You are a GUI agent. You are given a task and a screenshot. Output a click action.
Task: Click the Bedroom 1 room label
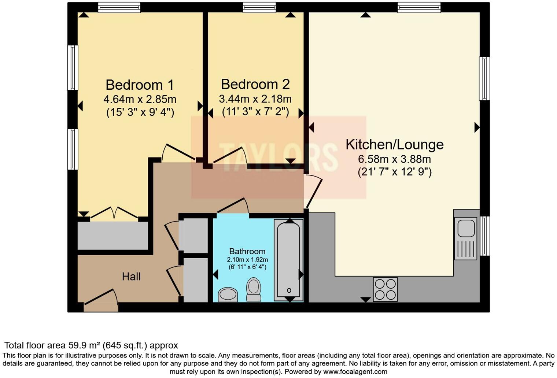(x=140, y=85)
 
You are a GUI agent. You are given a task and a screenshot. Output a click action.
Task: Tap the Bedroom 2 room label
(x=255, y=84)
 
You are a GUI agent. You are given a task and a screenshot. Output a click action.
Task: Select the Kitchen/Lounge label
(x=394, y=144)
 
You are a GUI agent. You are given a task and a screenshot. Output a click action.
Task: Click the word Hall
(x=131, y=277)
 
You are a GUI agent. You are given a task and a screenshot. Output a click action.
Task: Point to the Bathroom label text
(x=247, y=251)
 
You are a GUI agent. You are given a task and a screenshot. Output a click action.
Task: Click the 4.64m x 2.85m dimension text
(x=140, y=99)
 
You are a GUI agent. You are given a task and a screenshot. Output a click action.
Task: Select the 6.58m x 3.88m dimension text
(x=394, y=159)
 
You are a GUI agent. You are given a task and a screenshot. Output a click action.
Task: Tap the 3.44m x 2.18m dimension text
(x=255, y=99)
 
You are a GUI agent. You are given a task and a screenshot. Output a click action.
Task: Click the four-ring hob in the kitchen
(x=385, y=289)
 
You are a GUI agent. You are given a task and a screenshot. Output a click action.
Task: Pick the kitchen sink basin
(x=465, y=227)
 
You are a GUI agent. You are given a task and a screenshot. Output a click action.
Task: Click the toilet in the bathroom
(x=253, y=289)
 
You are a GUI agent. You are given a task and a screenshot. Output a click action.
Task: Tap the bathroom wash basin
(x=228, y=294)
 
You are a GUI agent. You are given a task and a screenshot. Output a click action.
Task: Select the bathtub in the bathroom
(x=289, y=259)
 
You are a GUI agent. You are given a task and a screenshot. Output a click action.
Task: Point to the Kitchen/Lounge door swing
(x=313, y=190)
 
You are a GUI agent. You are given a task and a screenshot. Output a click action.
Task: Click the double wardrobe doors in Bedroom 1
(x=114, y=214)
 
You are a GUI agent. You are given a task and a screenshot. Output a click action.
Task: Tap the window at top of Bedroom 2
(x=259, y=7)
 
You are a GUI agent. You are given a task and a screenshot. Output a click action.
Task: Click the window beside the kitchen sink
(x=485, y=236)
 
